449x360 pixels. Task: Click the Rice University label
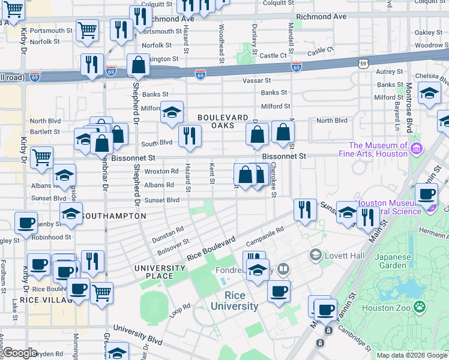tap(242, 301)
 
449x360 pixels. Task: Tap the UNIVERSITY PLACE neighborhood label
tap(162, 272)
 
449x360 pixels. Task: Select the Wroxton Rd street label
tap(161, 171)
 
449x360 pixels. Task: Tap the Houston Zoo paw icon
tap(420, 308)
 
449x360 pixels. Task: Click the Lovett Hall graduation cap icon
tap(315, 256)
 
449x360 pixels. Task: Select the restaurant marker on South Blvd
tap(188, 136)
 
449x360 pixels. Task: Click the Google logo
tap(20, 353)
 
